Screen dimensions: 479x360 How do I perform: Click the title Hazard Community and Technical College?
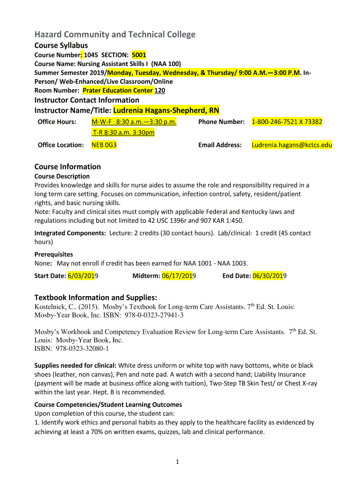coord(115,35)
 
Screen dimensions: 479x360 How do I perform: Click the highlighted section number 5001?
coord(139,55)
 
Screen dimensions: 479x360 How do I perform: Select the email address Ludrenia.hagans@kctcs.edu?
coord(292,145)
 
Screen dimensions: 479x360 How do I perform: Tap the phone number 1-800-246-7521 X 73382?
coord(287,122)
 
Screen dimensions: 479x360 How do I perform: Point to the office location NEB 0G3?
coord(104,145)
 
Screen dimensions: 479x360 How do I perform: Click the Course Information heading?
coord(68,167)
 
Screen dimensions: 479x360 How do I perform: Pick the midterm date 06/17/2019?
coord(179,276)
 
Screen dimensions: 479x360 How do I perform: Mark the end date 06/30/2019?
coord(269,276)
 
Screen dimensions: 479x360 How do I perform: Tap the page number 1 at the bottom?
coord(178,462)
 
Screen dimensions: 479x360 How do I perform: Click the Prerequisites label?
coord(54,254)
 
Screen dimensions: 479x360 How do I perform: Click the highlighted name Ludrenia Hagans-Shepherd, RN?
coord(166,110)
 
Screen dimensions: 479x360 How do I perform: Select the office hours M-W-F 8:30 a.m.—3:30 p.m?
coord(134,122)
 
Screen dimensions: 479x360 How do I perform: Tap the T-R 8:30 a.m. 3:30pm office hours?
coord(122,132)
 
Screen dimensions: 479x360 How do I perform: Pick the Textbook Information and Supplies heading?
coord(96,298)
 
